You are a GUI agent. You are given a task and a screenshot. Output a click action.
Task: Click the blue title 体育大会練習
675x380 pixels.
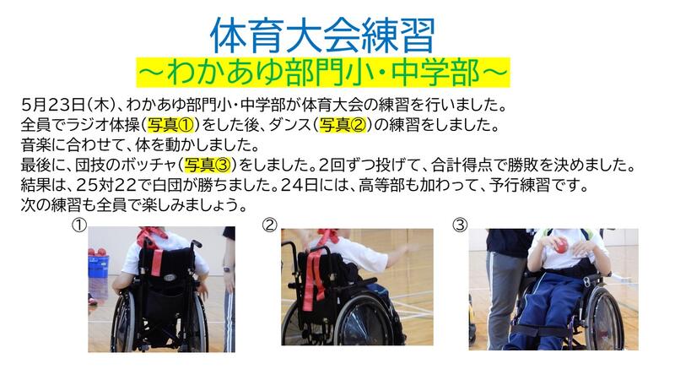point(322,35)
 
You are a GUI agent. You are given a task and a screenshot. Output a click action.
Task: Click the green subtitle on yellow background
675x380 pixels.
point(323,73)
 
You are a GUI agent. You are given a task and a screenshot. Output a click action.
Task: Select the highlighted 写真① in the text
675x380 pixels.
point(171,125)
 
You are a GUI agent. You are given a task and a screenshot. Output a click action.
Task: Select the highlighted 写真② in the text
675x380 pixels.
point(343,125)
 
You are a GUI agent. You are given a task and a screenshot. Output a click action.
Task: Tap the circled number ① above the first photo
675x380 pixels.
point(79,225)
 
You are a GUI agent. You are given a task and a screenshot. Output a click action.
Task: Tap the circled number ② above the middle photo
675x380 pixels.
point(270,225)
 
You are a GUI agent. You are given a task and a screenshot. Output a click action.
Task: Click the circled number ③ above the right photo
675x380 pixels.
point(460,225)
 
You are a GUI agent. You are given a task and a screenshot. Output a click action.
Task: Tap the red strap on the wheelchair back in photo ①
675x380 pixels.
point(156,263)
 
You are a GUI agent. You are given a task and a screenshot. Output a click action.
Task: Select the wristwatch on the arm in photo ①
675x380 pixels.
point(227,270)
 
